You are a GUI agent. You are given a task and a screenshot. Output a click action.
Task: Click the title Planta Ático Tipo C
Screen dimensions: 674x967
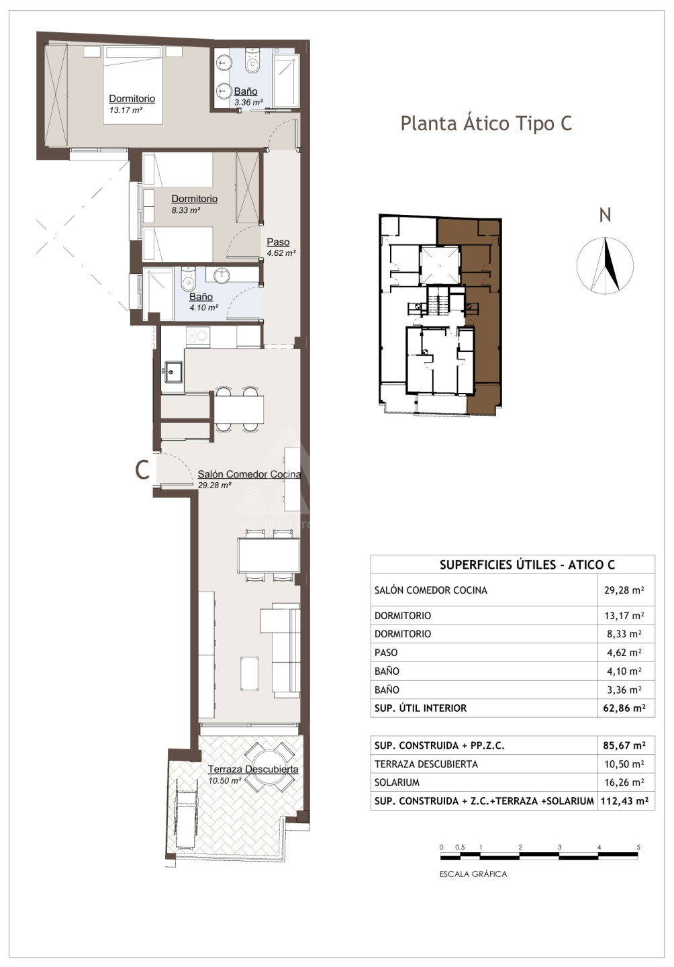pos(486,124)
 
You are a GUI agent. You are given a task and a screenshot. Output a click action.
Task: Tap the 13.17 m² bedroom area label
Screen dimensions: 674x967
pos(126,110)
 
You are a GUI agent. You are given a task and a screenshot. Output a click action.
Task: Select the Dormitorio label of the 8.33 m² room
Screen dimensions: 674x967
pos(194,199)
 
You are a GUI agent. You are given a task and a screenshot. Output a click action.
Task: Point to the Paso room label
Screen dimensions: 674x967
pos(278,242)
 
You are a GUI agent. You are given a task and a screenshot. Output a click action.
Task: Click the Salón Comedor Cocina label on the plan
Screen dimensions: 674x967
pos(250,474)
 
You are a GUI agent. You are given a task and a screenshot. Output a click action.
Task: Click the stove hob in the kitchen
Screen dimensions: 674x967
pos(198,336)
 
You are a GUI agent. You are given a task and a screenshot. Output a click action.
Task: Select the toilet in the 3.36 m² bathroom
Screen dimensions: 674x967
pos(252,61)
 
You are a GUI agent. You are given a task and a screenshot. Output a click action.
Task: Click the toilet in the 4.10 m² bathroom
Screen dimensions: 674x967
pos(188,279)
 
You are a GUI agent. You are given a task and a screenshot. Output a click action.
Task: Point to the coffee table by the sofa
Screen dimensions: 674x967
pos(250,674)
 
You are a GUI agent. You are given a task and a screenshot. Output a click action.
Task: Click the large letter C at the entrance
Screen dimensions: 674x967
pos(142,469)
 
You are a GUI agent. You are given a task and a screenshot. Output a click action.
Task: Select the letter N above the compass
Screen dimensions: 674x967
pos(605,215)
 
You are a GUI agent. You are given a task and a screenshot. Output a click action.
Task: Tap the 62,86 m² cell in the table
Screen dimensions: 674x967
pos(625,708)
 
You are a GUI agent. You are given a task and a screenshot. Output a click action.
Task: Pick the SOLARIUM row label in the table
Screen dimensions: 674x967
pos(397,782)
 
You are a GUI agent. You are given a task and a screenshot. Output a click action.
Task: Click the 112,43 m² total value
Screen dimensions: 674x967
pos(625,800)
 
